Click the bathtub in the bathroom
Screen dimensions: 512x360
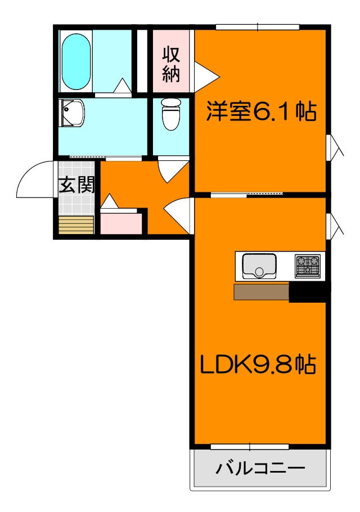tap(75, 61)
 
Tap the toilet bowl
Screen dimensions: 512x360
tap(170, 114)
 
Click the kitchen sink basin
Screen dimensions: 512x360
tap(259, 266)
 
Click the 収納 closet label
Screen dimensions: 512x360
tap(171, 65)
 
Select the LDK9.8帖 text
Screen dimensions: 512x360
tap(258, 366)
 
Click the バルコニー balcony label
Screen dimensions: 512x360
tap(260, 468)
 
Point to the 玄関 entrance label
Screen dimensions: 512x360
tap(76, 185)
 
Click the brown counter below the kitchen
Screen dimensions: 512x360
tap(261, 292)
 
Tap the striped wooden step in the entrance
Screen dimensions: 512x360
tap(76, 224)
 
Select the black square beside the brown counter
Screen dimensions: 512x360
tap(308, 293)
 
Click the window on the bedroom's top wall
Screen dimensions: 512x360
tap(258, 26)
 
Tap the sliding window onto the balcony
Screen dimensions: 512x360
tap(250, 447)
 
